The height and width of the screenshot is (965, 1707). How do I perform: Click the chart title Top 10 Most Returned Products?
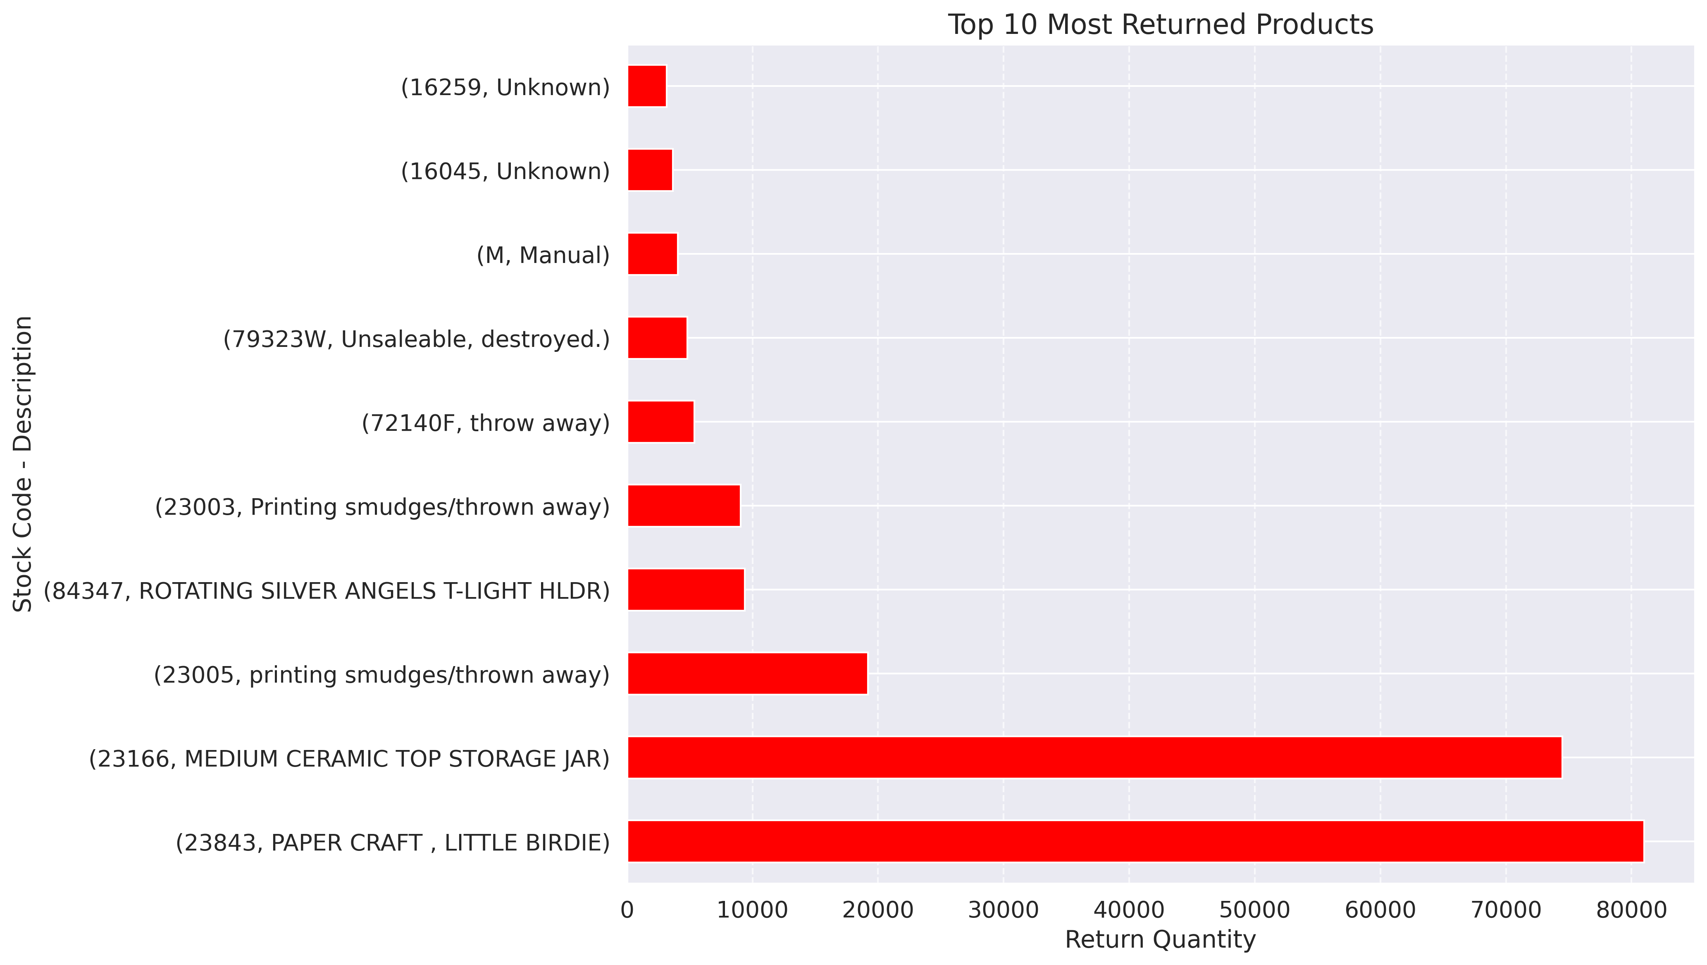pyautogui.click(x=1160, y=25)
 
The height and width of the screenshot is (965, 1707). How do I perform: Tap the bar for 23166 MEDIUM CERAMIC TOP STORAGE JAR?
pyautogui.click(x=1094, y=757)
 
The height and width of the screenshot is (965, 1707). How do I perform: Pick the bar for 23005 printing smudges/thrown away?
pyautogui.click(x=747, y=674)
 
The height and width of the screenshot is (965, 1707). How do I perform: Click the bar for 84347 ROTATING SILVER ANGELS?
pyautogui.click(x=686, y=589)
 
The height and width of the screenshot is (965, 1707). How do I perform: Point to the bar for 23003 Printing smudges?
pyautogui.click(x=684, y=506)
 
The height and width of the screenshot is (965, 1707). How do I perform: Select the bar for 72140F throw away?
pyautogui.click(x=660, y=422)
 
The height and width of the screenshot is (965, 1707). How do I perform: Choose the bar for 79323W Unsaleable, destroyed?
pyautogui.click(x=657, y=338)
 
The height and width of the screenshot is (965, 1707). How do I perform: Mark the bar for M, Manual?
pyautogui.click(x=653, y=254)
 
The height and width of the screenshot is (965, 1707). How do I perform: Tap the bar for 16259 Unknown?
pyautogui.click(x=647, y=86)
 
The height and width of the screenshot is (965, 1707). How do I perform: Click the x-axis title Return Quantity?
pyautogui.click(x=1160, y=940)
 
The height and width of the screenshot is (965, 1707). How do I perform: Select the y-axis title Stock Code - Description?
pyautogui.click(x=23, y=464)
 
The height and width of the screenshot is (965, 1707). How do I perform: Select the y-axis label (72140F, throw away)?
pyautogui.click(x=485, y=423)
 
